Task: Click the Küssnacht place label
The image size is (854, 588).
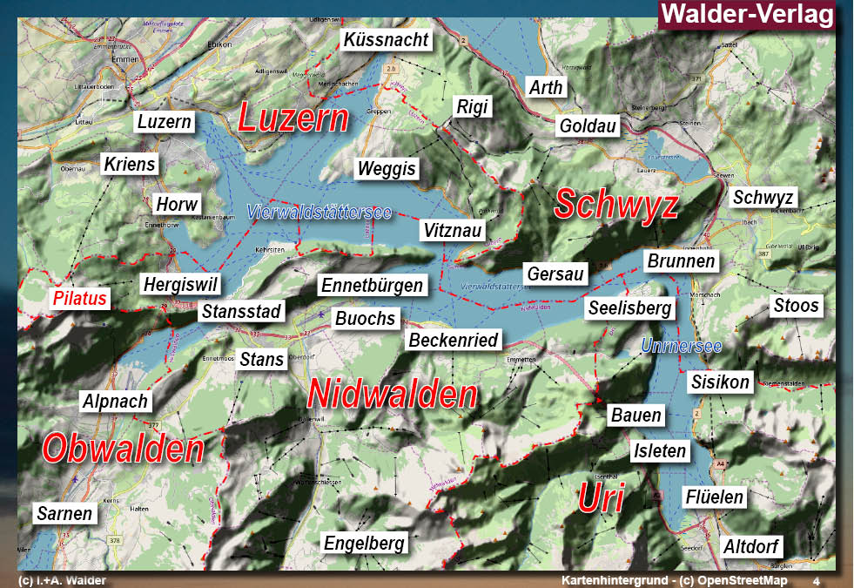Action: (x=386, y=40)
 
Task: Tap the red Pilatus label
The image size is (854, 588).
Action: (x=79, y=299)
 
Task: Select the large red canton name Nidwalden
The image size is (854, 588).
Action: (x=393, y=395)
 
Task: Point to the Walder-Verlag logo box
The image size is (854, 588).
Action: (x=746, y=15)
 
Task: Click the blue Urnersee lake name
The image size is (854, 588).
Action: (x=681, y=347)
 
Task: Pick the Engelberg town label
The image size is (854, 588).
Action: (x=365, y=544)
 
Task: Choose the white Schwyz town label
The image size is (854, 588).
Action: (x=763, y=198)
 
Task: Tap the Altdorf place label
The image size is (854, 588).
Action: (x=752, y=547)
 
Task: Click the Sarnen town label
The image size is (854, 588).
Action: (x=64, y=513)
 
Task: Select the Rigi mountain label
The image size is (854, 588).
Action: (x=473, y=107)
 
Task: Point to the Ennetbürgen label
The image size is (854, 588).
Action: (x=372, y=286)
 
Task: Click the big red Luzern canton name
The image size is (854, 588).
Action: (x=293, y=119)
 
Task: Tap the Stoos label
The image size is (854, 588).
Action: (x=796, y=305)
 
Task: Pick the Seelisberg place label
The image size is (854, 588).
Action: (x=629, y=308)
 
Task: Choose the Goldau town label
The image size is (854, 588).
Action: (x=588, y=126)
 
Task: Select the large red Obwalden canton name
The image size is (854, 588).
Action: (x=123, y=449)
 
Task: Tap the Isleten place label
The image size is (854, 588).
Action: (x=660, y=451)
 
